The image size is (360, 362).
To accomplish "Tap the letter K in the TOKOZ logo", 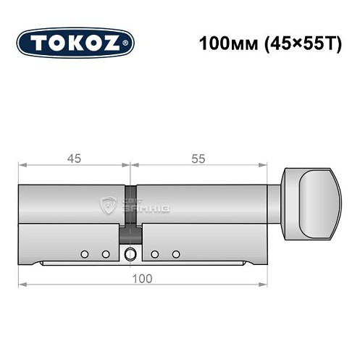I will tap(76, 42).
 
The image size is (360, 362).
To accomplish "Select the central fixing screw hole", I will tap(130, 254).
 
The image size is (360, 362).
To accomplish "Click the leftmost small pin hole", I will tap(85, 254).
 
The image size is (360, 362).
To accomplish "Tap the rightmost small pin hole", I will tap(176, 254).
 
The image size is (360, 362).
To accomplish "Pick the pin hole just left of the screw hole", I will tap(106, 254).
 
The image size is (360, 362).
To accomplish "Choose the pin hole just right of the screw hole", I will tap(154, 254).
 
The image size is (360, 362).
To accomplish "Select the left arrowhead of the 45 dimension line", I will tap(22, 167).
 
